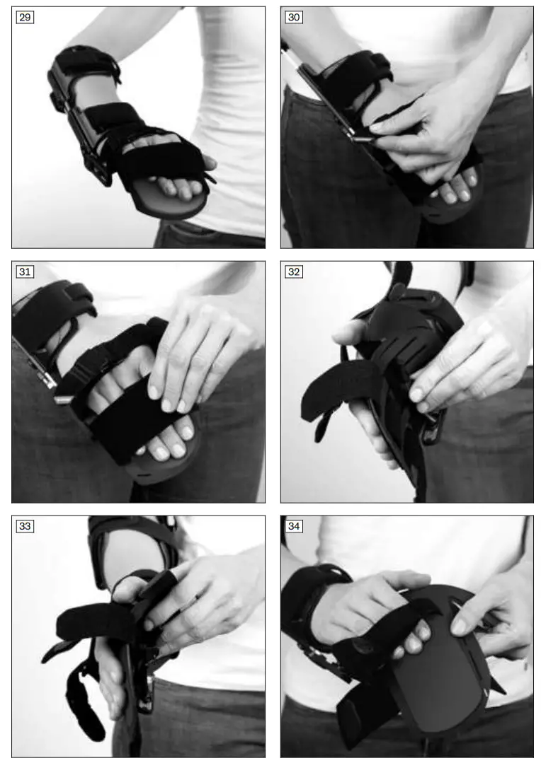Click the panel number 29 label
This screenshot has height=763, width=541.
click(24, 17)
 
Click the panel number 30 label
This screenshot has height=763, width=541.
click(293, 17)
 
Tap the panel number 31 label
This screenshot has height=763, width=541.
click(24, 272)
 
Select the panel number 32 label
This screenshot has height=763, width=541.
click(293, 272)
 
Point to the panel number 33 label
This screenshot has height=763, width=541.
click(24, 526)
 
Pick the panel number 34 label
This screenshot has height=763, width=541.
click(293, 526)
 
